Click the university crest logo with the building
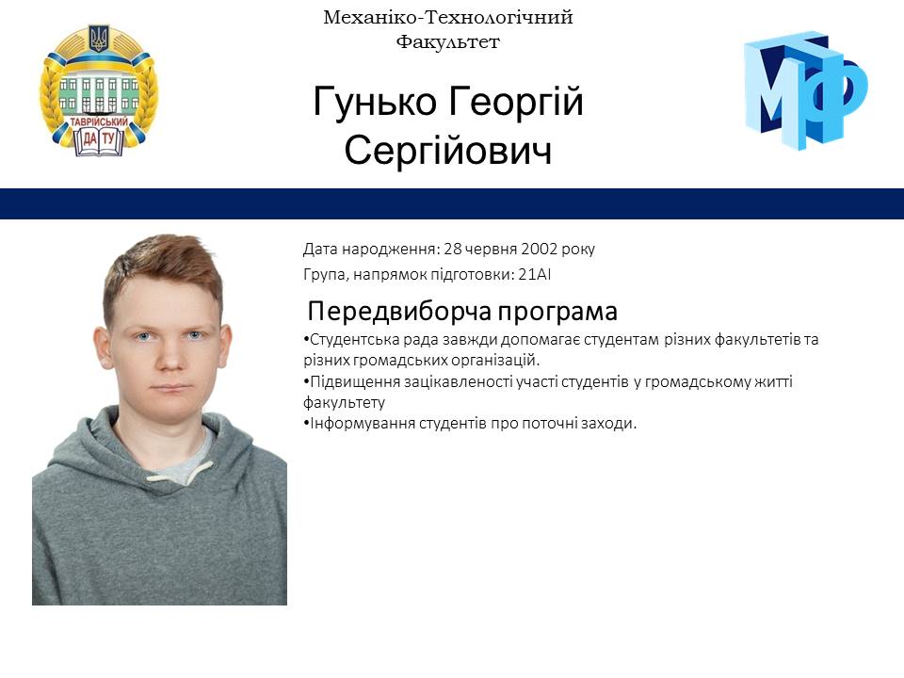point(99,91)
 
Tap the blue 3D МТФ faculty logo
point(805,89)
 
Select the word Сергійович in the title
point(447,151)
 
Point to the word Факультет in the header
point(447,41)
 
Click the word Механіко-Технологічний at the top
point(447,17)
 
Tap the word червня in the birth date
point(484,250)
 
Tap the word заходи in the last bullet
point(610,424)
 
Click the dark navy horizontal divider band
point(452,203)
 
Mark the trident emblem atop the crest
point(98,39)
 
